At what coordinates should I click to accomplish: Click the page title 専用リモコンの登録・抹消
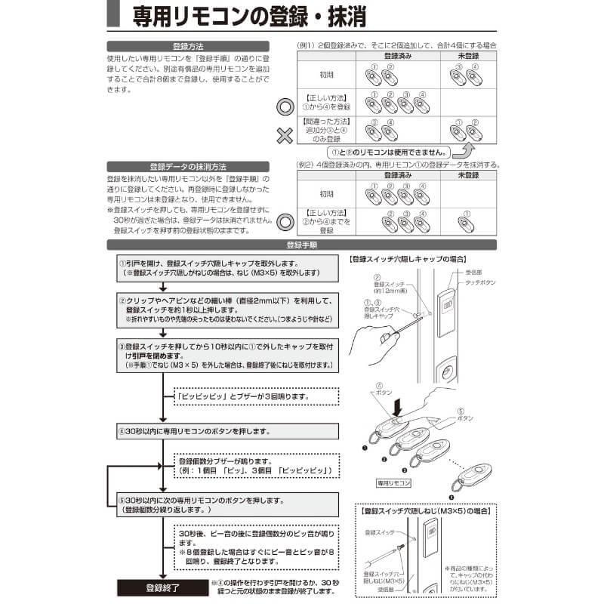tap(302, 17)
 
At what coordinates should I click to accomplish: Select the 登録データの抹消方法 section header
tap(188, 166)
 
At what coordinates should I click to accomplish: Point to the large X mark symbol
tap(283, 136)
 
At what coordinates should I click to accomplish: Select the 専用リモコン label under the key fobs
tap(393, 480)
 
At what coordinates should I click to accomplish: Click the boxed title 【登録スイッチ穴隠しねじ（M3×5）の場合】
tap(427, 511)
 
